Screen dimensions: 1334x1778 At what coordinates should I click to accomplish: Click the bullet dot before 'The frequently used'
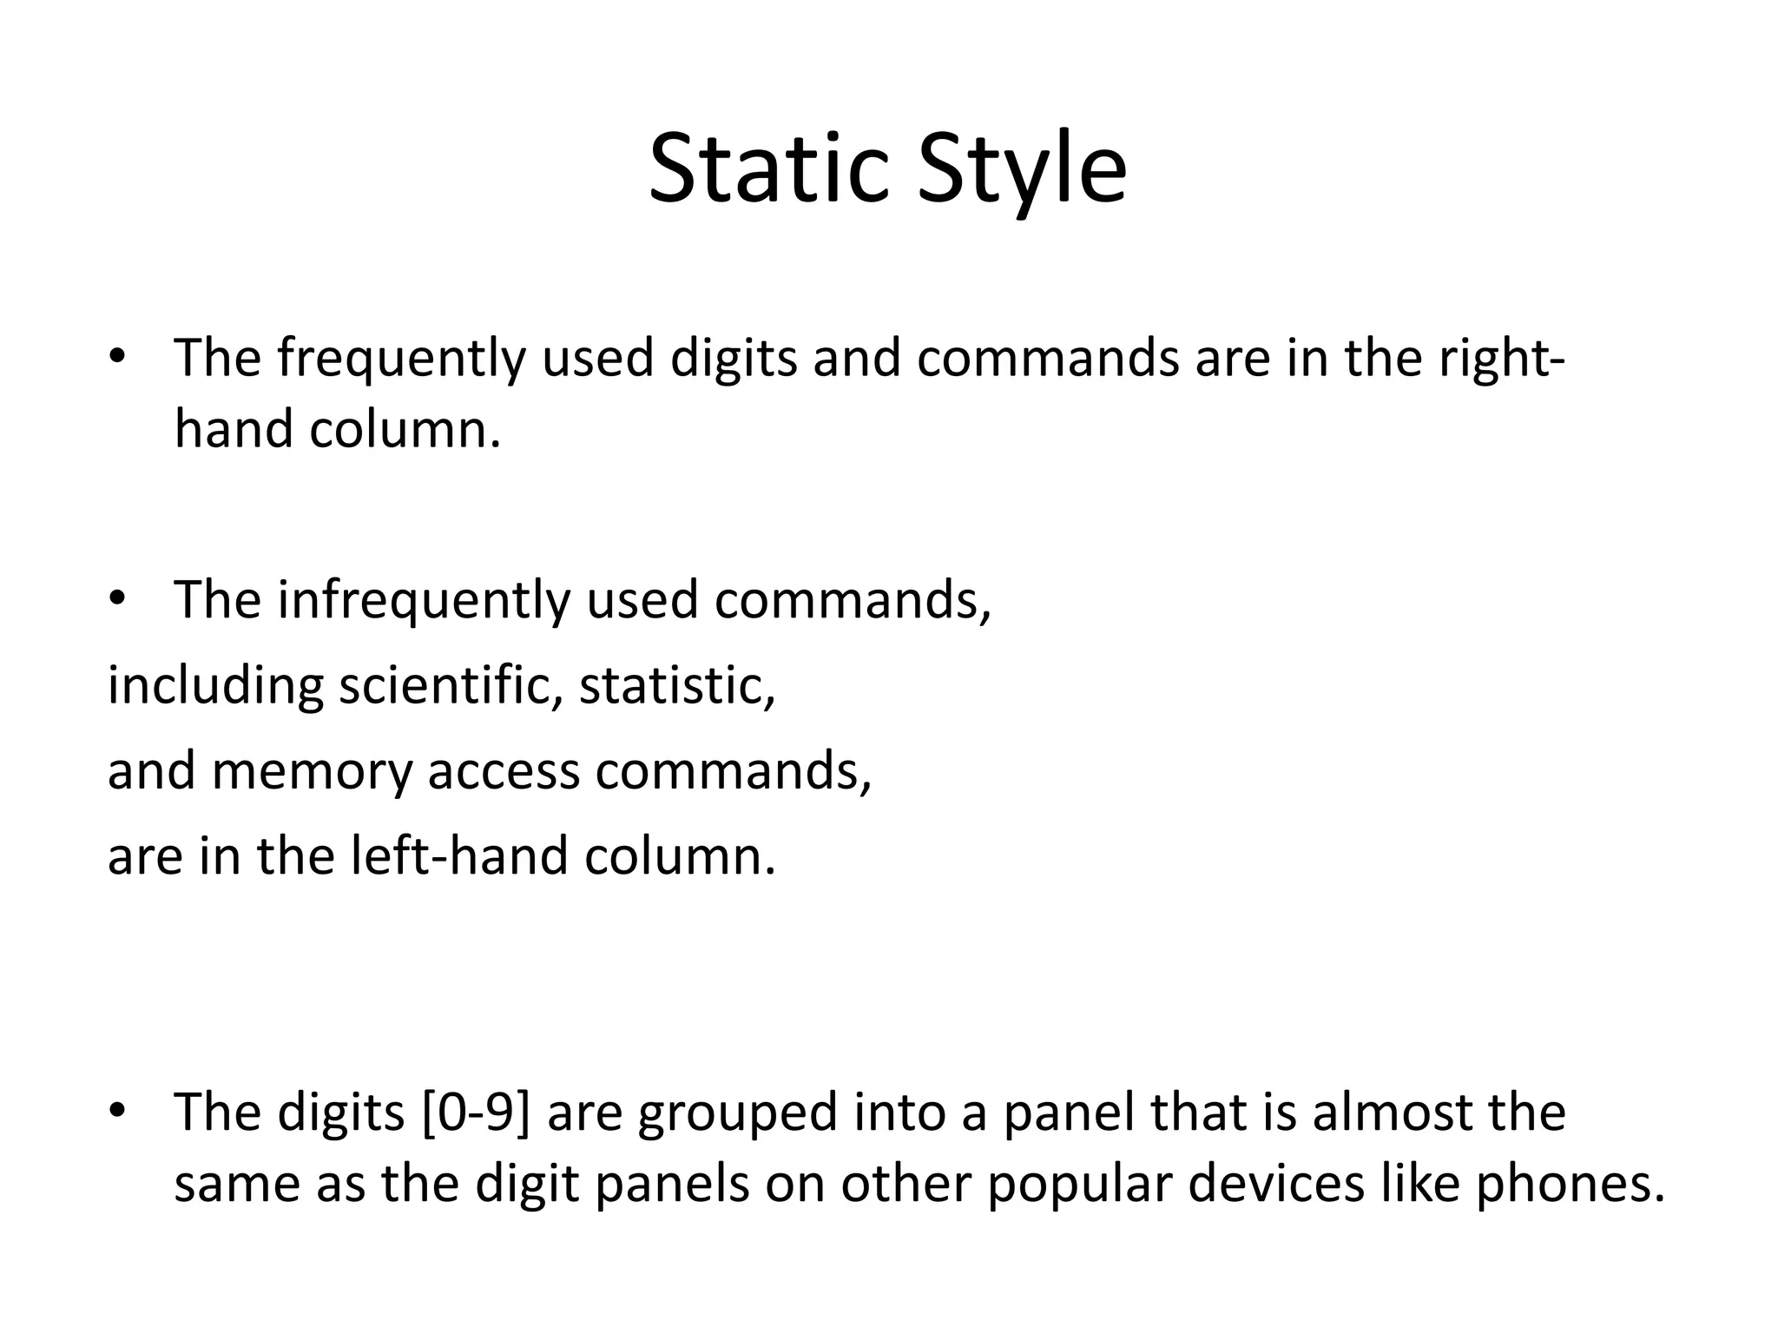point(117,358)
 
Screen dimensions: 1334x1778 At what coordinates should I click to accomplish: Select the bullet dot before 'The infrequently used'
point(117,599)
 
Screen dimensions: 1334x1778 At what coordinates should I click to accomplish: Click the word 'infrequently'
point(424,601)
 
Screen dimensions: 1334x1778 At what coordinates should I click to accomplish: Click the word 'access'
point(504,771)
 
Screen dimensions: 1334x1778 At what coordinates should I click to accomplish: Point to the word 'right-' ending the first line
point(1501,360)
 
